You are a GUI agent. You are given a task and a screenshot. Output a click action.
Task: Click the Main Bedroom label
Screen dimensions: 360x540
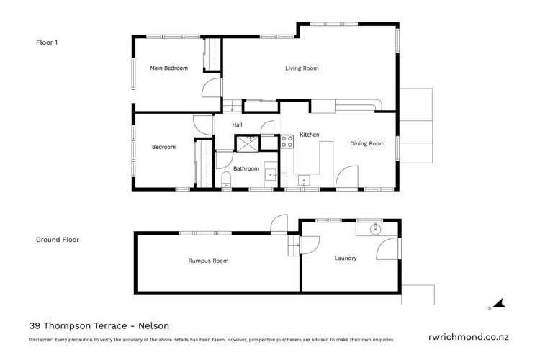[168, 68]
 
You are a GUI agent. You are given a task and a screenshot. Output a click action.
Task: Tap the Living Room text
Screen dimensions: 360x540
[301, 68]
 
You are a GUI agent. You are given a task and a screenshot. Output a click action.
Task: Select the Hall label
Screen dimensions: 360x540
[237, 125]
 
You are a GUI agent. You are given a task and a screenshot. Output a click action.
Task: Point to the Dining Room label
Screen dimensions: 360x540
[367, 143]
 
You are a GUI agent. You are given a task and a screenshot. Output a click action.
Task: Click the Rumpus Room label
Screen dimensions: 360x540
[208, 261]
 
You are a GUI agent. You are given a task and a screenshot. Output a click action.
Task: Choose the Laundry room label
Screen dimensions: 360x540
[346, 258]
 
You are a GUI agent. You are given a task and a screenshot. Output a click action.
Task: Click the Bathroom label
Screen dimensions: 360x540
[246, 168]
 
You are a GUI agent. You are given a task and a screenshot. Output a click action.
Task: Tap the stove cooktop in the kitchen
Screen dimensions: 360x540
[287, 142]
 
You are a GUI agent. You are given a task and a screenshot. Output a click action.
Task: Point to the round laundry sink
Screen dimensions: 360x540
[375, 230]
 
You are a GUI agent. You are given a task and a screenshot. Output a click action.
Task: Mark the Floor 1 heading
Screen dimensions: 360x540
[47, 42]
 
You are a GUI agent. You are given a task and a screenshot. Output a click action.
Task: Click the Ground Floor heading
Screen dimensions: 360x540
[58, 240]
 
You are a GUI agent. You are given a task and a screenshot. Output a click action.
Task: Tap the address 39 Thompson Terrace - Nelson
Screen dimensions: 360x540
[99, 325]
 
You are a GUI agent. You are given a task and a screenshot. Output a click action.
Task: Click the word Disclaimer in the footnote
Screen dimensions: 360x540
[41, 339]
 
